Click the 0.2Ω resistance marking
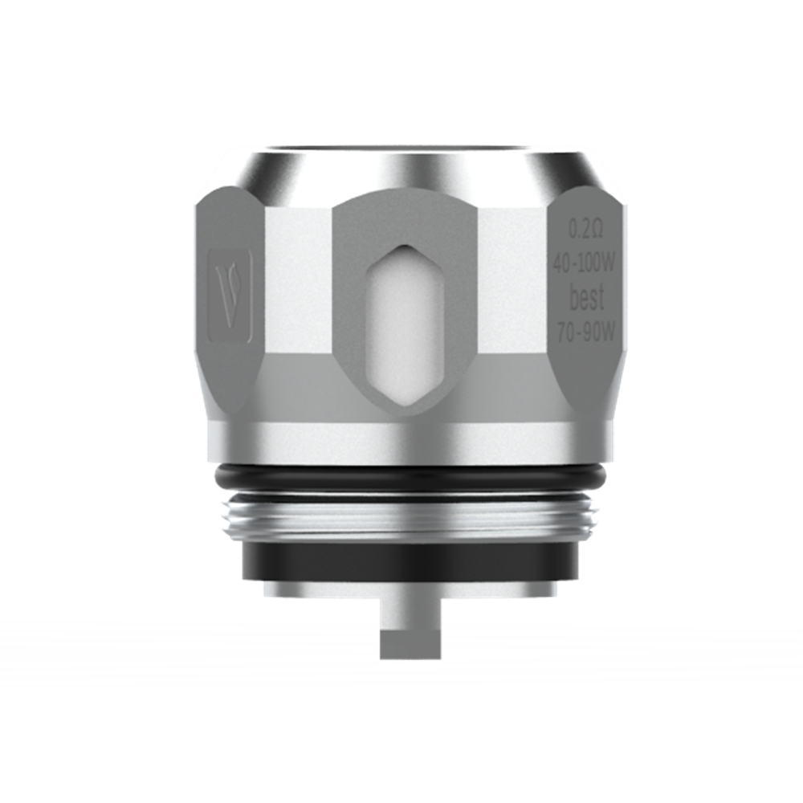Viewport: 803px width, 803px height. click(585, 230)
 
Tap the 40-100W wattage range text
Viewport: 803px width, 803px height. click(585, 261)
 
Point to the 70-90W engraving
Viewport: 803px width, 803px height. click(585, 331)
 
